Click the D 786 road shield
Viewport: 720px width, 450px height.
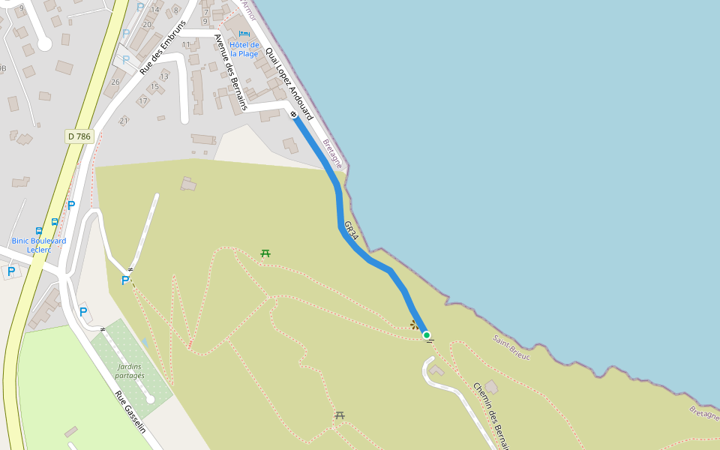[78, 136]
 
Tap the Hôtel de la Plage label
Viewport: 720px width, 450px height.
[244, 49]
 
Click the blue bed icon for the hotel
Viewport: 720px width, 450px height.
[244, 34]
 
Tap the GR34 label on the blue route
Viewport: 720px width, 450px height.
[351, 231]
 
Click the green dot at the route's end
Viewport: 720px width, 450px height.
[427, 335]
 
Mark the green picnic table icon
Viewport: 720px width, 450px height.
[265, 253]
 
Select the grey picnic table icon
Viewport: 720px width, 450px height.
[340, 415]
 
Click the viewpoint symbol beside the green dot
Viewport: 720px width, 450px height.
[414, 325]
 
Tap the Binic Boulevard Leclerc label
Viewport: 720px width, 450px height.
[39, 245]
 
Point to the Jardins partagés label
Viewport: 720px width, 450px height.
[130, 370]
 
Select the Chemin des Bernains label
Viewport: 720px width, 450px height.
[490, 415]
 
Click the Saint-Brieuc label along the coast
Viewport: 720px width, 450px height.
[511, 348]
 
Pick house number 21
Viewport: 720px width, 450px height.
[124, 121]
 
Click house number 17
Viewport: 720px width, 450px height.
[142, 100]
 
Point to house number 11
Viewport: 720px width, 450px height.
[186, 45]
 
